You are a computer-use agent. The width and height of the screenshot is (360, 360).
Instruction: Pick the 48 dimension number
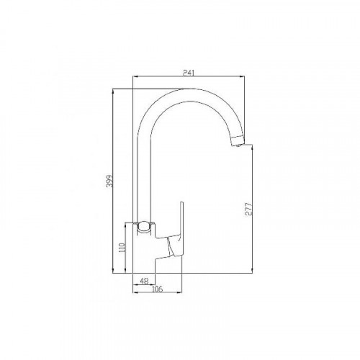(143, 281)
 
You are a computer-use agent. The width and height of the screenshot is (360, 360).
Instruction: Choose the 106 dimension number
(156, 289)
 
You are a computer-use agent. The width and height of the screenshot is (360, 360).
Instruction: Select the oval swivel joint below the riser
(145, 228)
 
